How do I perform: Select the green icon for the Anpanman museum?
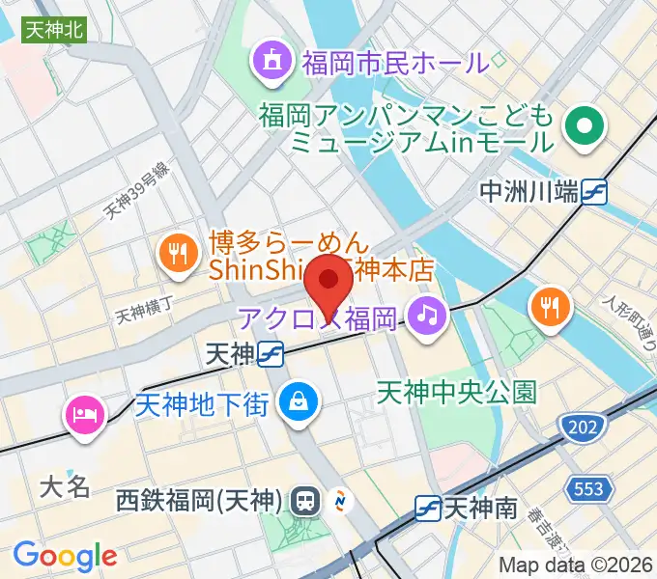pos(584,125)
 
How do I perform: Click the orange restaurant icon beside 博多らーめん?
pos(176,254)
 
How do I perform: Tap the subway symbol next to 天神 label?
pos(271,355)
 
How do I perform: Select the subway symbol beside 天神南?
pos(428,506)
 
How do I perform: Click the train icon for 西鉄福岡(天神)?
pos(306,501)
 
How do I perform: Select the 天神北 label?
pos(54,31)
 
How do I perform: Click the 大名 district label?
pos(66,485)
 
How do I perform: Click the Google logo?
pos(65,557)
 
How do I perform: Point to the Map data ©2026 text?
pos(575,565)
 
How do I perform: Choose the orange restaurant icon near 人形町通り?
pos(552,308)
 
